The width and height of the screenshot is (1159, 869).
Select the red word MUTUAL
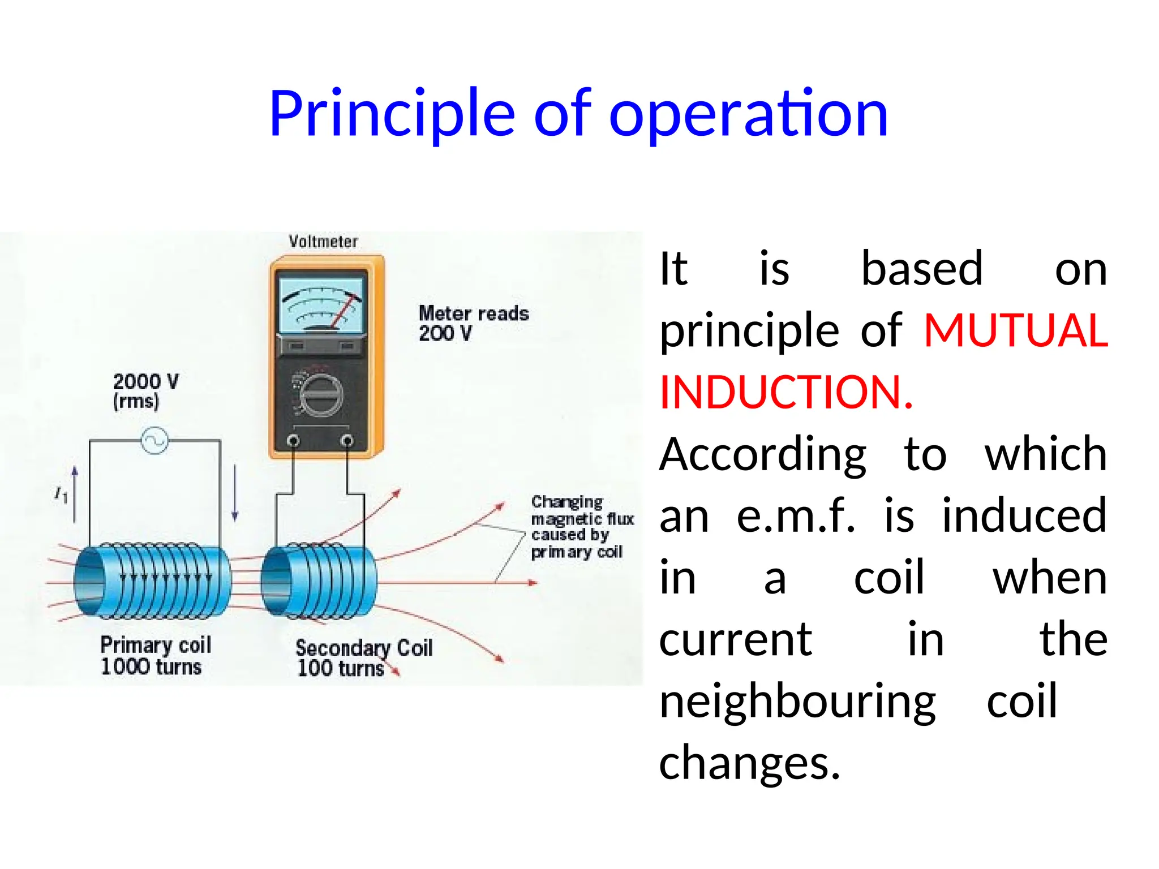(x=1015, y=330)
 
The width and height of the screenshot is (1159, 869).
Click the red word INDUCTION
(x=786, y=392)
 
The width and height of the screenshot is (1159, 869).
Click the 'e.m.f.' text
(x=796, y=516)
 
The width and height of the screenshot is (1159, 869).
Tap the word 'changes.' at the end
(x=749, y=763)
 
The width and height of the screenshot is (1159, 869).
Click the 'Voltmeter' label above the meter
(x=323, y=242)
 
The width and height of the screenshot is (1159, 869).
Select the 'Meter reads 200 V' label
(x=473, y=323)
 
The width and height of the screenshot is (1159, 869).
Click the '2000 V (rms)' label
(x=145, y=391)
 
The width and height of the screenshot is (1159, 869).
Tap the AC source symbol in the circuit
(x=154, y=441)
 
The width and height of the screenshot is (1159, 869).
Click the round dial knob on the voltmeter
(x=320, y=394)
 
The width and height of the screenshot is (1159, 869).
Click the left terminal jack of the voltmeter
(x=293, y=441)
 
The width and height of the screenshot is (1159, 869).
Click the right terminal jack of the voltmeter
(x=347, y=441)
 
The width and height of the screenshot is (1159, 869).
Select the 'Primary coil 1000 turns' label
(x=154, y=655)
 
